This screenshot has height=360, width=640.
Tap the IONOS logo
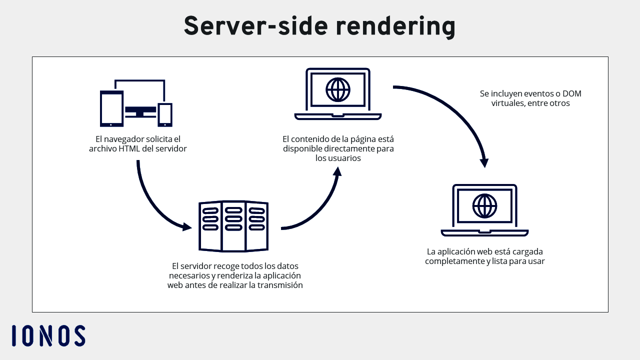point(48,335)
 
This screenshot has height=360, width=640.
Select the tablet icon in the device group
point(111,108)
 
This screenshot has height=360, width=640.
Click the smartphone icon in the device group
point(165,114)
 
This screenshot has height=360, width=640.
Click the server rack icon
point(233,226)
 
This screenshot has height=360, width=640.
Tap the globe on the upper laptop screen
point(338,90)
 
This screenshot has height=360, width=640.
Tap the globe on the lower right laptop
point(484,205)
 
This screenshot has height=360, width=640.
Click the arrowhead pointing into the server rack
point(187,226)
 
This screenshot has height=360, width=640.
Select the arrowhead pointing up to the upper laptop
point(337,171)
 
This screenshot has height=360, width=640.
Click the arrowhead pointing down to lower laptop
point(483,162)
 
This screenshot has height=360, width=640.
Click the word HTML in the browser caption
point(129,148)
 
